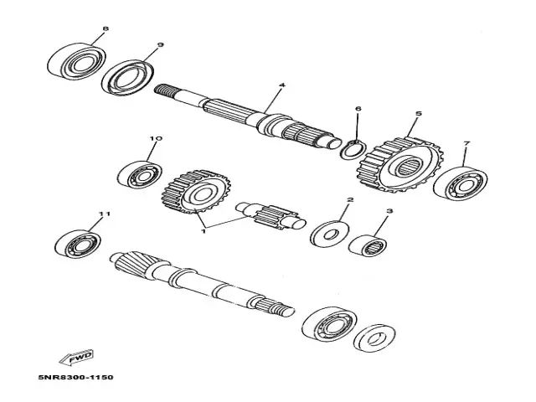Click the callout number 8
point(105,29)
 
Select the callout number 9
point(159,45)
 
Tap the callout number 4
point(281,85)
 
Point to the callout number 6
point(358,109)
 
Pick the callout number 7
point(466,144)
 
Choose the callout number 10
point(155,138)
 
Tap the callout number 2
point(350,200)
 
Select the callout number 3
point(389,214)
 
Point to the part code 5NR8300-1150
point(75,378)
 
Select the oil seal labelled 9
point(129,76)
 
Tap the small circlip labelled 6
point(353,150)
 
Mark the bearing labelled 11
point(78,244)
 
